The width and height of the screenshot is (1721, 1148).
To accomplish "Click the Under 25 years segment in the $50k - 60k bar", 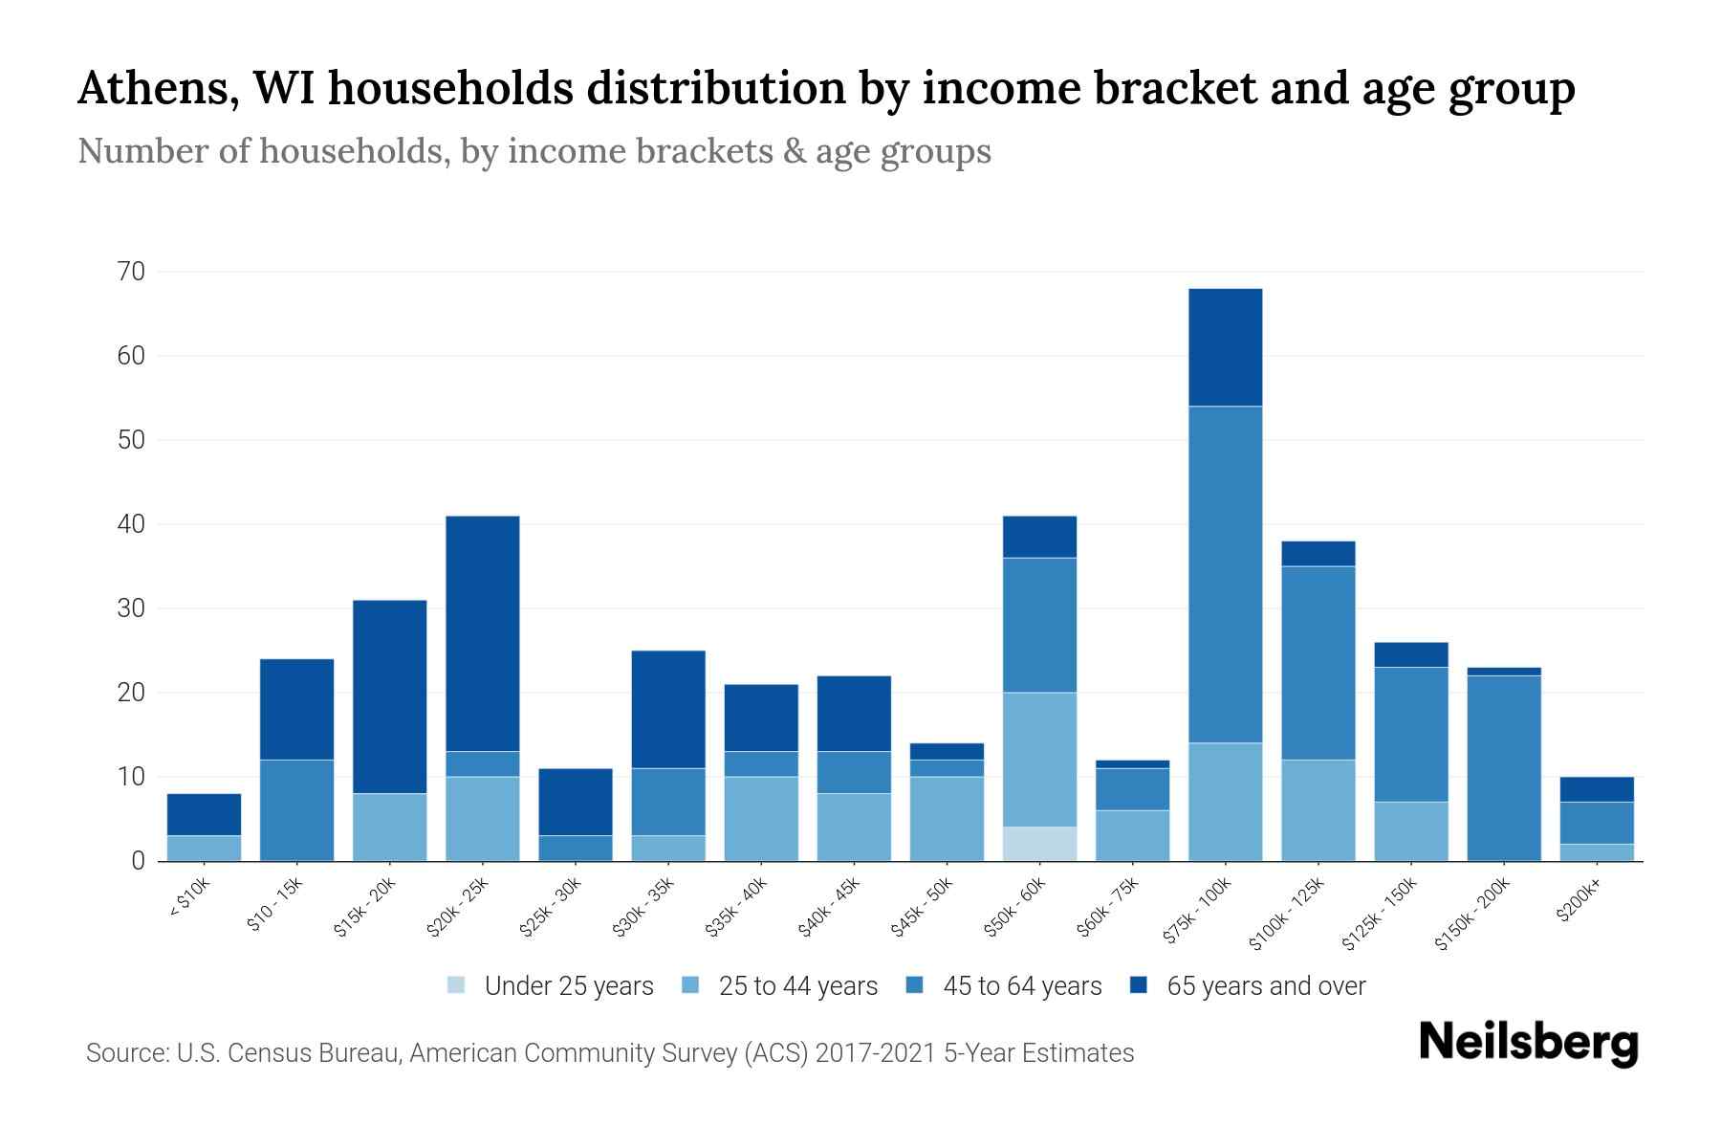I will [x=1039, y=844].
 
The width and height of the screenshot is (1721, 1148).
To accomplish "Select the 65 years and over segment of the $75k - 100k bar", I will [x=1225, y=347].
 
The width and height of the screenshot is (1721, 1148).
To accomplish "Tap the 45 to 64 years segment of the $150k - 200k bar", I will [x=1504, y=768].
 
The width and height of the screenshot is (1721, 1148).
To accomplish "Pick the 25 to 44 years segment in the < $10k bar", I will [x=204, y=849].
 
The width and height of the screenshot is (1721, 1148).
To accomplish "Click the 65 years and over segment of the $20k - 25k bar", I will [x=483, y=633].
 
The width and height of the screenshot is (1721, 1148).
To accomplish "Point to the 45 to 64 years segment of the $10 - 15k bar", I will [x=296, y=810].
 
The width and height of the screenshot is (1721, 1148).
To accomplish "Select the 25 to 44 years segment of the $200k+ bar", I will [x=1597, y=852].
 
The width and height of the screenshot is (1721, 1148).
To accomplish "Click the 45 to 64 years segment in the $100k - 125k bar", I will [x=1318, y=663].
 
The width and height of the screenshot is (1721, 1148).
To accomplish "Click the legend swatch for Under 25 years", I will [x=457, y=985].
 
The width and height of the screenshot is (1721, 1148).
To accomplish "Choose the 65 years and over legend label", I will [x=1266, y=986].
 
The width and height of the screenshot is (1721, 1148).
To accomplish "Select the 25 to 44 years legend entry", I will [x=797, y=986].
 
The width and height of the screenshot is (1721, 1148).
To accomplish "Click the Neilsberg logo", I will [x=1528, y=1043].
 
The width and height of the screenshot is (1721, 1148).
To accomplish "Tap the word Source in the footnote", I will [x=122, y=1053].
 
